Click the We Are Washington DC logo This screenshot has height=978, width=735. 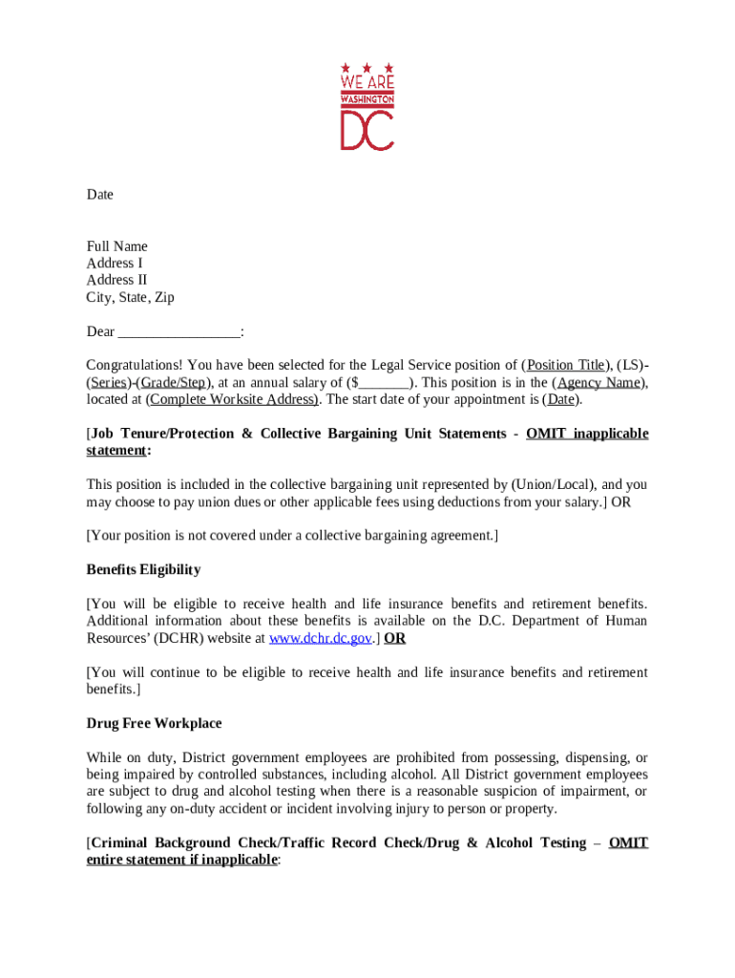(367, 106)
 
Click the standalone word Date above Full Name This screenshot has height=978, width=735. (100, 195)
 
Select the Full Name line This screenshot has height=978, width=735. (117, 246)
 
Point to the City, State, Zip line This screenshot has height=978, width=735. (131, 298)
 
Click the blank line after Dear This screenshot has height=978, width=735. (179, 332)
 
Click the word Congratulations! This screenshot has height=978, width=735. (135, 366)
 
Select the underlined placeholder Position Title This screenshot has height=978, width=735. (566, 366)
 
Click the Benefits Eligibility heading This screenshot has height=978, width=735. (144, 570)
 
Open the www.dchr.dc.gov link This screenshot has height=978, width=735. (321, 639)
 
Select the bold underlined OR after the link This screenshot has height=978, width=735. (394, 639)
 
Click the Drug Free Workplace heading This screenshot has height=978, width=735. (155, 724)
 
